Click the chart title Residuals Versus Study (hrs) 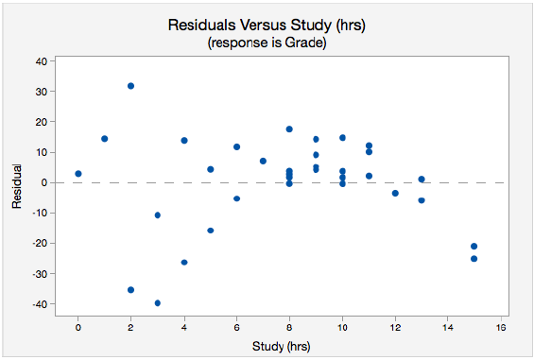point(267,26)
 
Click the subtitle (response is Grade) point(267,43)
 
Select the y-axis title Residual point(16,186)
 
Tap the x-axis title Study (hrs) point(282,347)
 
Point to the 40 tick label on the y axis point(42,61)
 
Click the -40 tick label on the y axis point(40,304)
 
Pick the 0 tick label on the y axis point(43,183)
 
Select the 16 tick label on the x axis point(501,328)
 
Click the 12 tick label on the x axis point(395,328)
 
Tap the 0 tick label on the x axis point(78,328)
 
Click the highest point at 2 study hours point(130,86)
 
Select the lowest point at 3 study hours point(157,303)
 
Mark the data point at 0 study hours point(78,174)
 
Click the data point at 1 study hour point(105,139)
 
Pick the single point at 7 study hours point(263,161)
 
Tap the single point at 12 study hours point(395,193)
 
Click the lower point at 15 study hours point(474,259)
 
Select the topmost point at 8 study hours point(289,129)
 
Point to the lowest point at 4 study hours point(184,263)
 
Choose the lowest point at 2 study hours point(130,290)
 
